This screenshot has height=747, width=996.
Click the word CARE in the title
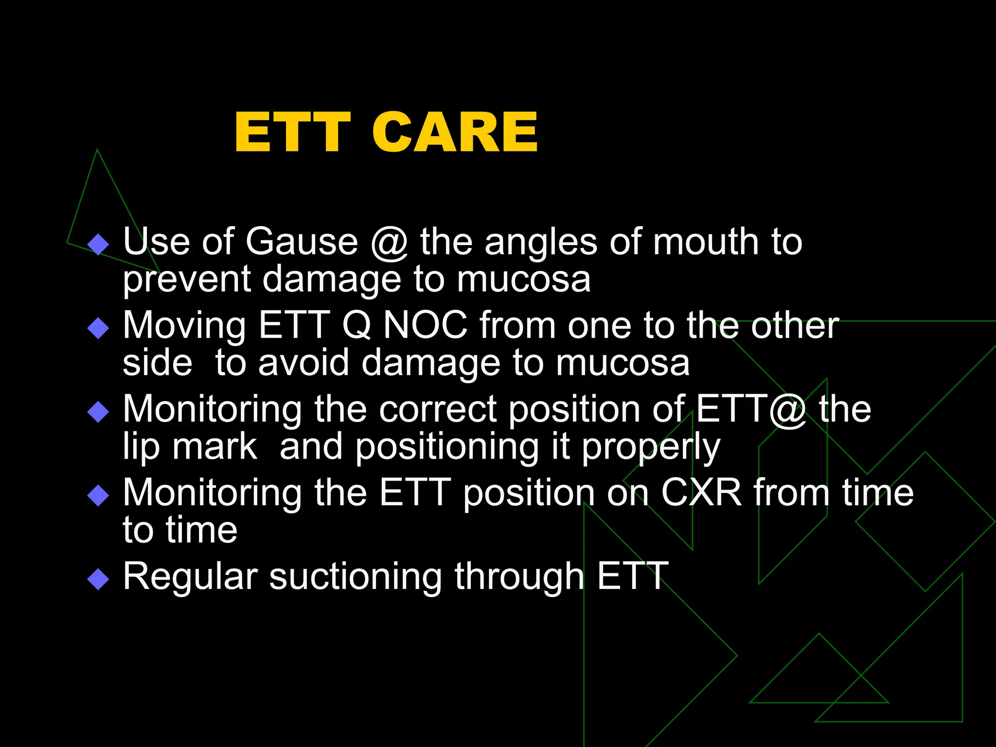tap(455, 132)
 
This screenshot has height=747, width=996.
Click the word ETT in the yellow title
tap(292, 132)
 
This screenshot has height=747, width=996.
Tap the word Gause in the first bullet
tap(302, 242)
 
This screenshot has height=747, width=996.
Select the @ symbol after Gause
tap(389, 243)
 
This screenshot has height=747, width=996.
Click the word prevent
tap(186, 281)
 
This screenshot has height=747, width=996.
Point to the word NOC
tap(426, 325)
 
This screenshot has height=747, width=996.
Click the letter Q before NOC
tap(356, 325)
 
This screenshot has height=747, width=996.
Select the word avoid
tap(303, 363)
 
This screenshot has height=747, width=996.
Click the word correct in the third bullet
tap(438, 409)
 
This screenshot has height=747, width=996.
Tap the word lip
tap(141, 447)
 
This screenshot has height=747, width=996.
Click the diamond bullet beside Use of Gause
tap(98, 244)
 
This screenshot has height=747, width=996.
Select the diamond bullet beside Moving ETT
tap(98, 328)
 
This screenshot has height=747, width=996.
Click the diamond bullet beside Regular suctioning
tap(98, 579)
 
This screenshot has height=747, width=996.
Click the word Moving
tap(184, 326)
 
